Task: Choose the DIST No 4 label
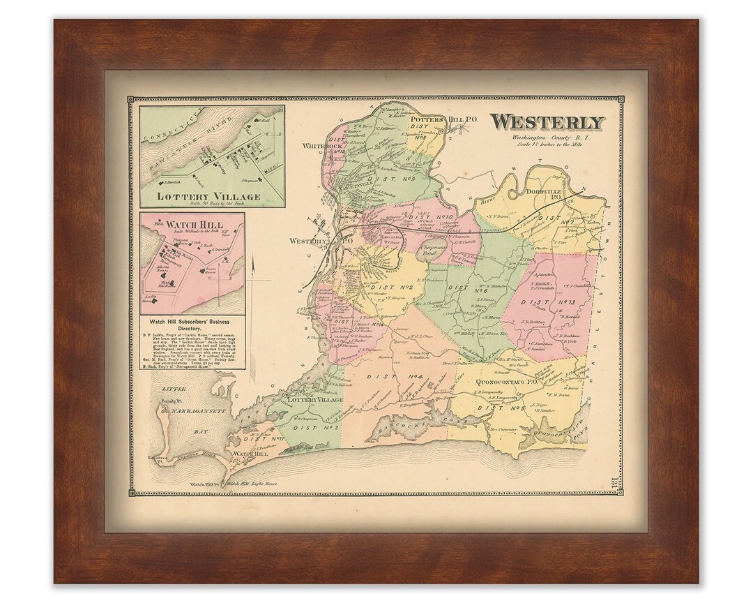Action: pyautogui.click(x=406, y=378)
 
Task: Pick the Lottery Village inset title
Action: pyautogui.click(x=208, y=196)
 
